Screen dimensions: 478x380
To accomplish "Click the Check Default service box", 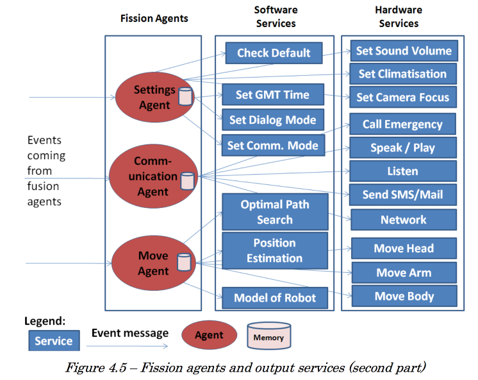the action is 274,53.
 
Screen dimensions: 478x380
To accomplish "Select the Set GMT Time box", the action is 273,94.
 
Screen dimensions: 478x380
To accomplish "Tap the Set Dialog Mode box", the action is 273,120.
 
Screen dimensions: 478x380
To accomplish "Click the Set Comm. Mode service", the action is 273,146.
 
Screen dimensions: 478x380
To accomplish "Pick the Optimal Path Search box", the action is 275,212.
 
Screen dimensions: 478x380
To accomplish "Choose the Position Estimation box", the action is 275,250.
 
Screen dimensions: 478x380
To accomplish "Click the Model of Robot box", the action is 275,298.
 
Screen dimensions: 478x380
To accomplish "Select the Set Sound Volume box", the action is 404,51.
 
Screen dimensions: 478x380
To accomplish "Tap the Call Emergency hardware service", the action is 402,124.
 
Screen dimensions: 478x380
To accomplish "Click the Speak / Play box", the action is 403,148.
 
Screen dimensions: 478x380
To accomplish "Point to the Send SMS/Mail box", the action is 402,194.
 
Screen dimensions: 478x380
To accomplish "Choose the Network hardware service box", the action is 404,220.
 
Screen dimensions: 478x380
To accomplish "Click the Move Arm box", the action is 404,272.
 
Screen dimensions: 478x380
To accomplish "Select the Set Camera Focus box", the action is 403,97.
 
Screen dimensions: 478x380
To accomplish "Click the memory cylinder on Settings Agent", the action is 186,96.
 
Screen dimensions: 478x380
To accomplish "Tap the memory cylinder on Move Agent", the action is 184,262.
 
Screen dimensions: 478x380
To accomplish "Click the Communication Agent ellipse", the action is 153,177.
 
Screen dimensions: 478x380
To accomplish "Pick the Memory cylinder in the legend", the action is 269,336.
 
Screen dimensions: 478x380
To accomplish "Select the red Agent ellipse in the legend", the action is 209,335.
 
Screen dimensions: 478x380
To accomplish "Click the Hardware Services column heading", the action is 399,17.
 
